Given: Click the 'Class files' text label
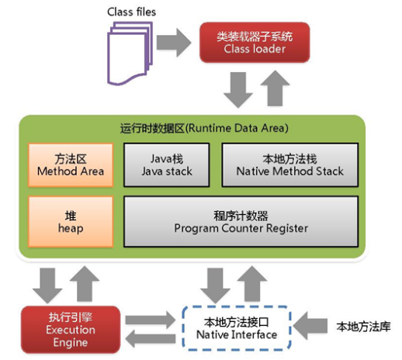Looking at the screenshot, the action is [x=131, y=12].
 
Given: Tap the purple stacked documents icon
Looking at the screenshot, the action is [x=130, y=54].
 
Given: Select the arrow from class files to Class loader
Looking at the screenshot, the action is [x=174, y=43].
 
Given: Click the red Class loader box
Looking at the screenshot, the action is [x=255, y=43].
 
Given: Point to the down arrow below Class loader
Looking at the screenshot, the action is [x=238, y=89].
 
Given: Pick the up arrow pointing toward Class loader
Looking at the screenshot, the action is [x=275, y=88].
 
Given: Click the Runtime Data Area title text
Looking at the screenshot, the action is [x=204, y=128].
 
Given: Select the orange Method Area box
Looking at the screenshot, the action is [x=71, y=165].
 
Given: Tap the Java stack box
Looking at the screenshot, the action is [x=167, y=165].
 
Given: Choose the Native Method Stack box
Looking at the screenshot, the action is [x=290, y=165].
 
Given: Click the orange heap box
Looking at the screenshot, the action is [x=71, y=222].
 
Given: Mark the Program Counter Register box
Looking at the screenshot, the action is [x=241, y=222].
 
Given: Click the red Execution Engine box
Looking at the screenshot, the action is [x=71, y=330].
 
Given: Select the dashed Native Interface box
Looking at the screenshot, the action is [x=237, y=328].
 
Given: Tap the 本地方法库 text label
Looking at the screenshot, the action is [x=363, y=327].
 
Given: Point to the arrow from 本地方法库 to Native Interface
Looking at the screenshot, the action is [x=310, y=326].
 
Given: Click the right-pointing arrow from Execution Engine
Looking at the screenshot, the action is [x=151, y=320].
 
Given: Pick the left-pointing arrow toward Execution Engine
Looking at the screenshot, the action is [x=151, y=338].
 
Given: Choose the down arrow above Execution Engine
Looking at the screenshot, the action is [x=47, y=286].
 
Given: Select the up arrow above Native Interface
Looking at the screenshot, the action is [x=252, y=283].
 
